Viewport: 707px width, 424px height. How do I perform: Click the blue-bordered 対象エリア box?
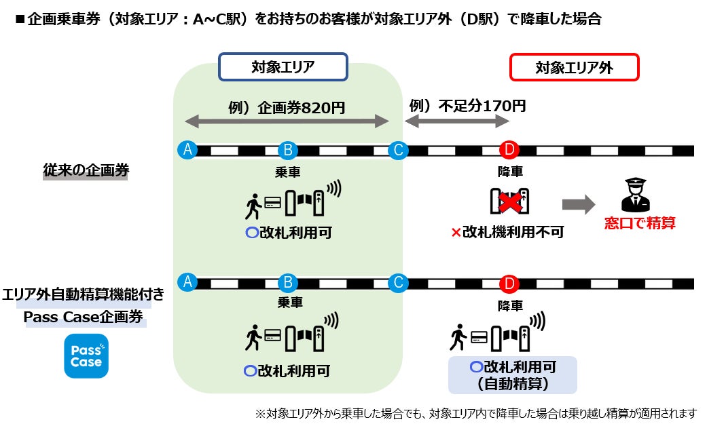pos(283,67)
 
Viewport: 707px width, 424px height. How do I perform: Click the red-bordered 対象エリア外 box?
pos(574,67)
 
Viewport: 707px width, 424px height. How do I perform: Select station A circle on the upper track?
pos(186,150)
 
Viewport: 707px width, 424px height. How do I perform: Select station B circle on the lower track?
pos(288,282)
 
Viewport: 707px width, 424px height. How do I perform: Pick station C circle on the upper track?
pos(397,150)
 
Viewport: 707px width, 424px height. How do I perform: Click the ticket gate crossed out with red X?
pos(510,201)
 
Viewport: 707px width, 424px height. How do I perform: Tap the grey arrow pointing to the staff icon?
pos(578,204)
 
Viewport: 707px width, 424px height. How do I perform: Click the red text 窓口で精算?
pos(640,223)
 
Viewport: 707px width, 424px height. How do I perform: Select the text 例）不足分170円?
pos(467,106)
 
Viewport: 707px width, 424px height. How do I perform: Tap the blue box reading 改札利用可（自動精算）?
pos(513,375)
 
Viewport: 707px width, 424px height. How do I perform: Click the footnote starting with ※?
pos(475,413)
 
